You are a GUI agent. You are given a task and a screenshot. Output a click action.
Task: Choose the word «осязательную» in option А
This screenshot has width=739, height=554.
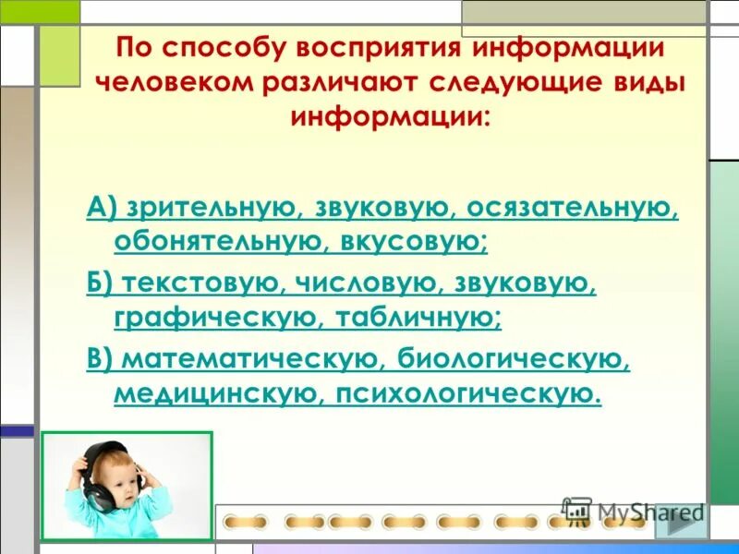[573, 209]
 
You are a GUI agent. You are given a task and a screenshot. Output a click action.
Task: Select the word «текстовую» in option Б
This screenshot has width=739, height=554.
[193, 284]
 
